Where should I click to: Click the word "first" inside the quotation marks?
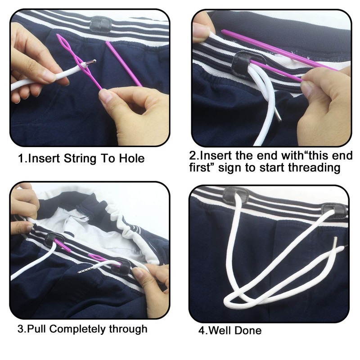click(x=202, y=168)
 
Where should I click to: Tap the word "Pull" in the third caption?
click(x=37, y=329)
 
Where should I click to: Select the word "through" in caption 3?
click(x=128, y=329)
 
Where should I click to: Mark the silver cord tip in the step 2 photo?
click(x=279, y=117)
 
